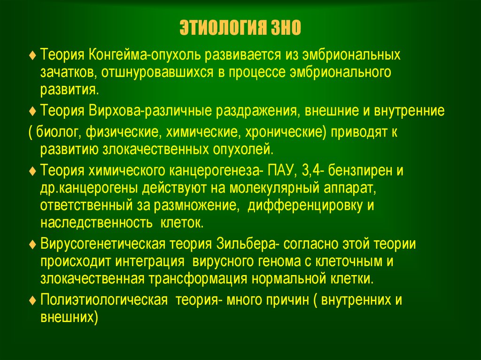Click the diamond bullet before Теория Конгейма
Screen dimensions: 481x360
pyautogui.click(x=32, y=55)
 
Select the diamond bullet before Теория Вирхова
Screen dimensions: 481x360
pyautogui.click(x=32, y=111)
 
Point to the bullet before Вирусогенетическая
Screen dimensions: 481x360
pyautogui.click(x=32, y=245)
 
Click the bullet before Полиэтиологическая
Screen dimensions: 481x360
pyautogui.click(x=32, y=300)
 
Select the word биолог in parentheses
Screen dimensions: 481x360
pyautogui.click(x=58, y=132)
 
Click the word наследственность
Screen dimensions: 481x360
pyautogui.click(x=96, y=222)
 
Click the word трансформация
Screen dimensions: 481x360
pyautogui.click(x=198, y=279)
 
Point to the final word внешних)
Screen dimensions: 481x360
pyautogui.click(x=69, y=317)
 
